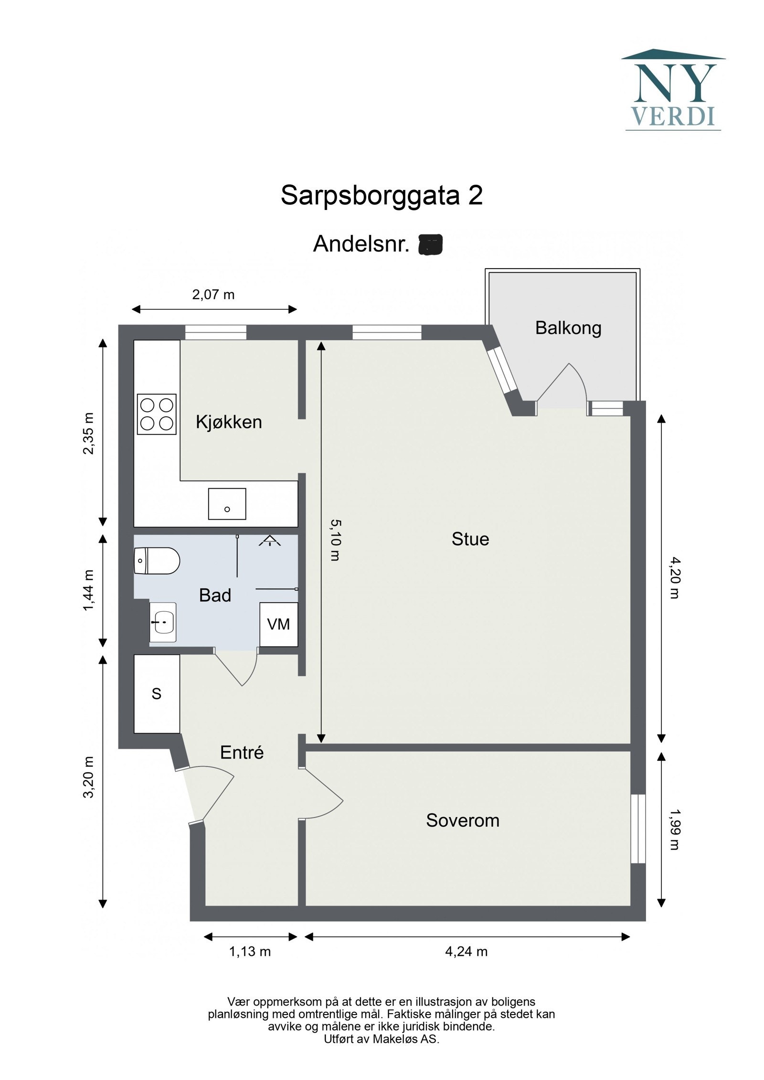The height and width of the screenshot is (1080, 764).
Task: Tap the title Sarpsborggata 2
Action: (x=382, y=195)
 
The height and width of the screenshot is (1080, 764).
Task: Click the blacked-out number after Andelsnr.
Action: (x=430, y=244)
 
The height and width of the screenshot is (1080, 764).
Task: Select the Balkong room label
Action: (x=568, y=328)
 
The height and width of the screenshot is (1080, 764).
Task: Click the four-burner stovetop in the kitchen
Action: (x=157, y=414)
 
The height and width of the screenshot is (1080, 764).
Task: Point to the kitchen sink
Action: (x=227, y=504)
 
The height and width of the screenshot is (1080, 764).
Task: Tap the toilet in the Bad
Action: (x=157, y=561)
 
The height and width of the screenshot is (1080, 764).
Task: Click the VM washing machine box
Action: (x=278, y=624)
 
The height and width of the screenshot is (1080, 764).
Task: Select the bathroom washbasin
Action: (x=163, y=622)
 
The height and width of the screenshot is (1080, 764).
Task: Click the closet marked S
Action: (x=157, y=693)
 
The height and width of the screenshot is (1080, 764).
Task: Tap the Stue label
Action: (x=470, y=539)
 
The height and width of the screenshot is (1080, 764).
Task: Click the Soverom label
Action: (x=462, y=820)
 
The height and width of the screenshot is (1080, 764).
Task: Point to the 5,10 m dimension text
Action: (x=335, y=540)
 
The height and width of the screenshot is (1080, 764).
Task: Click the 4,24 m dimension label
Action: (x=466, y=952)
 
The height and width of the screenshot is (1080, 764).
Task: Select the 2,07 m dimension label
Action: (x=213, y=294)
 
